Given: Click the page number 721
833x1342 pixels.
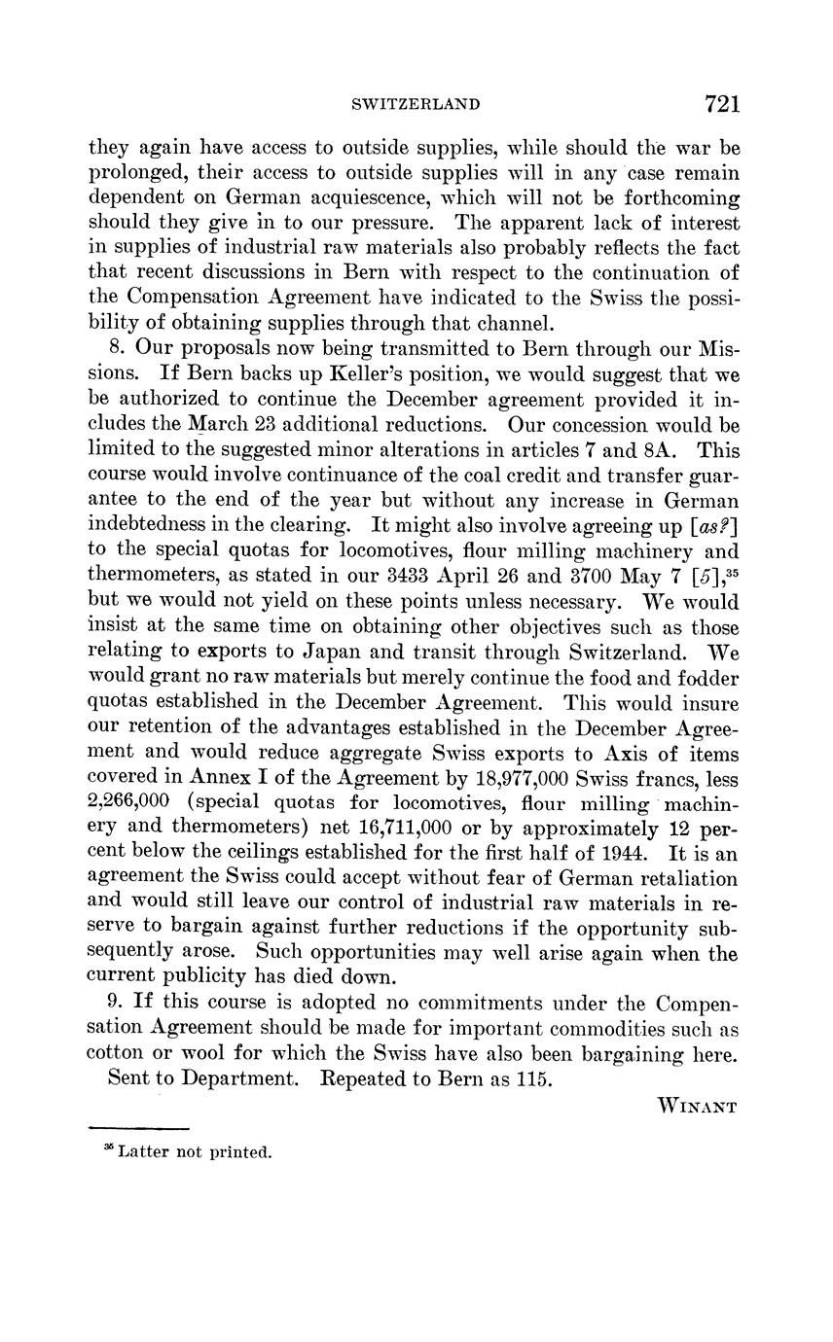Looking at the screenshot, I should (718, 103).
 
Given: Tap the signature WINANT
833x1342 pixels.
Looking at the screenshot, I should (698, 1106).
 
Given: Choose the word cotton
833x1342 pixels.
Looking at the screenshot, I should (116, 1053).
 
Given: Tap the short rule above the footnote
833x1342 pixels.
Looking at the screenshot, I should (137, 1129).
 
